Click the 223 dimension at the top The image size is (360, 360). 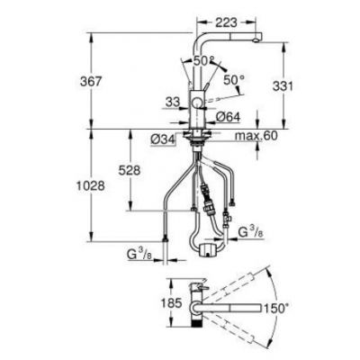click(226, 22)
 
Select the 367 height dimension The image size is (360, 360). click(91, 81)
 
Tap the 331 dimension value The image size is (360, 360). click(283, 86)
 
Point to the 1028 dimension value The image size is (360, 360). click(90, 186)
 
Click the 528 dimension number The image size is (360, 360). click(130, 171)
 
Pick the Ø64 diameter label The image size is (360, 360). click(229, 117)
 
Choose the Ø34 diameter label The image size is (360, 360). click(163, 139)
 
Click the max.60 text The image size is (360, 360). click(256, 136)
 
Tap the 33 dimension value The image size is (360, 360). click(172, 102)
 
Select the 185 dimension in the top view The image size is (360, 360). click(171, 303)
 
